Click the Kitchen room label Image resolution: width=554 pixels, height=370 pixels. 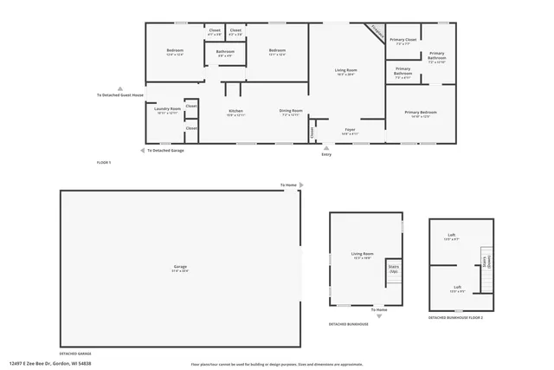(235, 112)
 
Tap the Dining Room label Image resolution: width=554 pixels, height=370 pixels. (290, 112)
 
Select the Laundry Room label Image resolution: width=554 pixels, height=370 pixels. (167, 110)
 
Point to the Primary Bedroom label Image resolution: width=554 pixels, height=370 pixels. (421, 113)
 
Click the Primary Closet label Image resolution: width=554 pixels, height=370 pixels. (403, 41)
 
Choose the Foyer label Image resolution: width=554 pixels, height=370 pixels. (350, 131)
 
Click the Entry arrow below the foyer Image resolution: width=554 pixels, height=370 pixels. (325, 147)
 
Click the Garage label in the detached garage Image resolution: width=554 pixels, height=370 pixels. (180, 267)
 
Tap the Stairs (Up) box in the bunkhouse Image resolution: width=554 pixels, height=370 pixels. (393, 269)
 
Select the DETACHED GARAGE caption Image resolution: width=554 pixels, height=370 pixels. (74, 354)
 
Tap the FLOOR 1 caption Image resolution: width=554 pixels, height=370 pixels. (104, 163)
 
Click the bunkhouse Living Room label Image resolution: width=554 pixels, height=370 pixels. (361, 256)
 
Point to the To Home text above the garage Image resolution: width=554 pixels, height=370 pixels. (287, 185)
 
